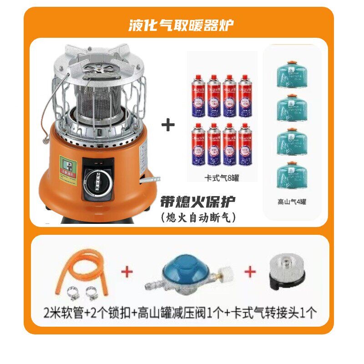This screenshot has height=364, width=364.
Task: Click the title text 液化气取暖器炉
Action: tap(182, 24)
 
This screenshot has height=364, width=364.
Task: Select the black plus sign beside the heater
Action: tap(168, 125)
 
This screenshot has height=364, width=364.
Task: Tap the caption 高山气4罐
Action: tap(292, 202)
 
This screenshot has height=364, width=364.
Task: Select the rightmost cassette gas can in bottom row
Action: tap(245, 144)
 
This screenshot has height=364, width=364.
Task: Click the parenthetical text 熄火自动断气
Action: tap(198, 217)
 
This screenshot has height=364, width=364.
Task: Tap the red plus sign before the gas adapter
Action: tap(250, 272)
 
